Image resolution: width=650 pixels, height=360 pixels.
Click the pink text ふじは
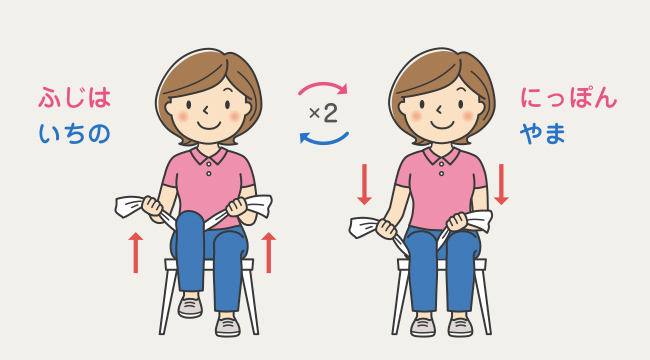point(75,97)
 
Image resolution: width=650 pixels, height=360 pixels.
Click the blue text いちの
point(75,134)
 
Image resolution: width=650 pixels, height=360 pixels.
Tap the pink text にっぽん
point(568,97)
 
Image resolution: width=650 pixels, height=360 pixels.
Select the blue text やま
point(543,134)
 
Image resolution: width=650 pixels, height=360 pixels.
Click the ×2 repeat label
point(323,113)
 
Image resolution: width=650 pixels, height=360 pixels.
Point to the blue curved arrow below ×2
point(324,139)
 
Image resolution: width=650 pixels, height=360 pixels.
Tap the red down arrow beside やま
point(501,184)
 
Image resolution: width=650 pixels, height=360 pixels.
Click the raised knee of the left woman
point(190,223)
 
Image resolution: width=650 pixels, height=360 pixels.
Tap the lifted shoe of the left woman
point(190,307)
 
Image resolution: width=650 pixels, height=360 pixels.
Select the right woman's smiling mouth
point(441,124)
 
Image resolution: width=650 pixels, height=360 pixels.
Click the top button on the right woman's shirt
point(441,163)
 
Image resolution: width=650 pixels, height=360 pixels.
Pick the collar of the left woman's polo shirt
point(209,154)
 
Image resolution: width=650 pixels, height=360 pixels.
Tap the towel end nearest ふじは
point(129,207)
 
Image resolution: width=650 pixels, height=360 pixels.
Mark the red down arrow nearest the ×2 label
point(364,184)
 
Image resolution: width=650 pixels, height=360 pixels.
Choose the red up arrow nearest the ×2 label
point(269,253)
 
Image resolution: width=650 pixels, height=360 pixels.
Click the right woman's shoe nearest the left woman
point(423,327)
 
